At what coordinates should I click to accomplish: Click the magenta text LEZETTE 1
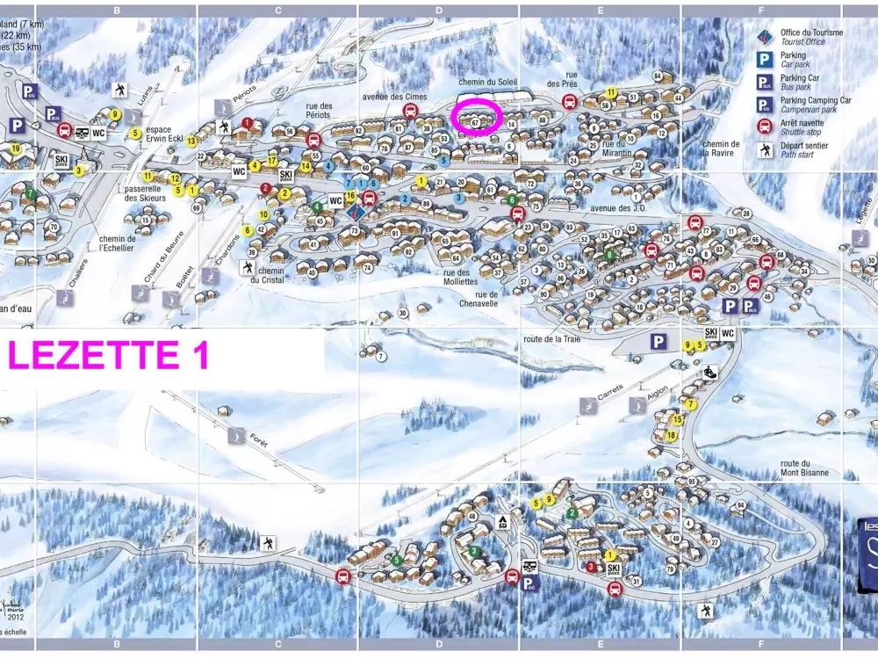(107, 355)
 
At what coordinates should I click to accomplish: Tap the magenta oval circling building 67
(475, 117)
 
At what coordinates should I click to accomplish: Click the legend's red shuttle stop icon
(765, 126)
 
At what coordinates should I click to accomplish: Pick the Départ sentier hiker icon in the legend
(765, 148)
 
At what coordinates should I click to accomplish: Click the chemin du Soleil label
(488, 83)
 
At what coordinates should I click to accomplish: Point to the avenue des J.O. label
(618, 208)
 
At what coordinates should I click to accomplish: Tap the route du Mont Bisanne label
(804, 468)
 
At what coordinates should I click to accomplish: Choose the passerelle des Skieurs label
(145, 193)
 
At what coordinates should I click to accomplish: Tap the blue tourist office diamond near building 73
(356, 212)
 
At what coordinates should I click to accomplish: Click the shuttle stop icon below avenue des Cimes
(410, 111)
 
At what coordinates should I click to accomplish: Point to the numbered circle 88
(543, 119)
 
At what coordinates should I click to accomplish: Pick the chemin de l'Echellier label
(117, 243)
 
